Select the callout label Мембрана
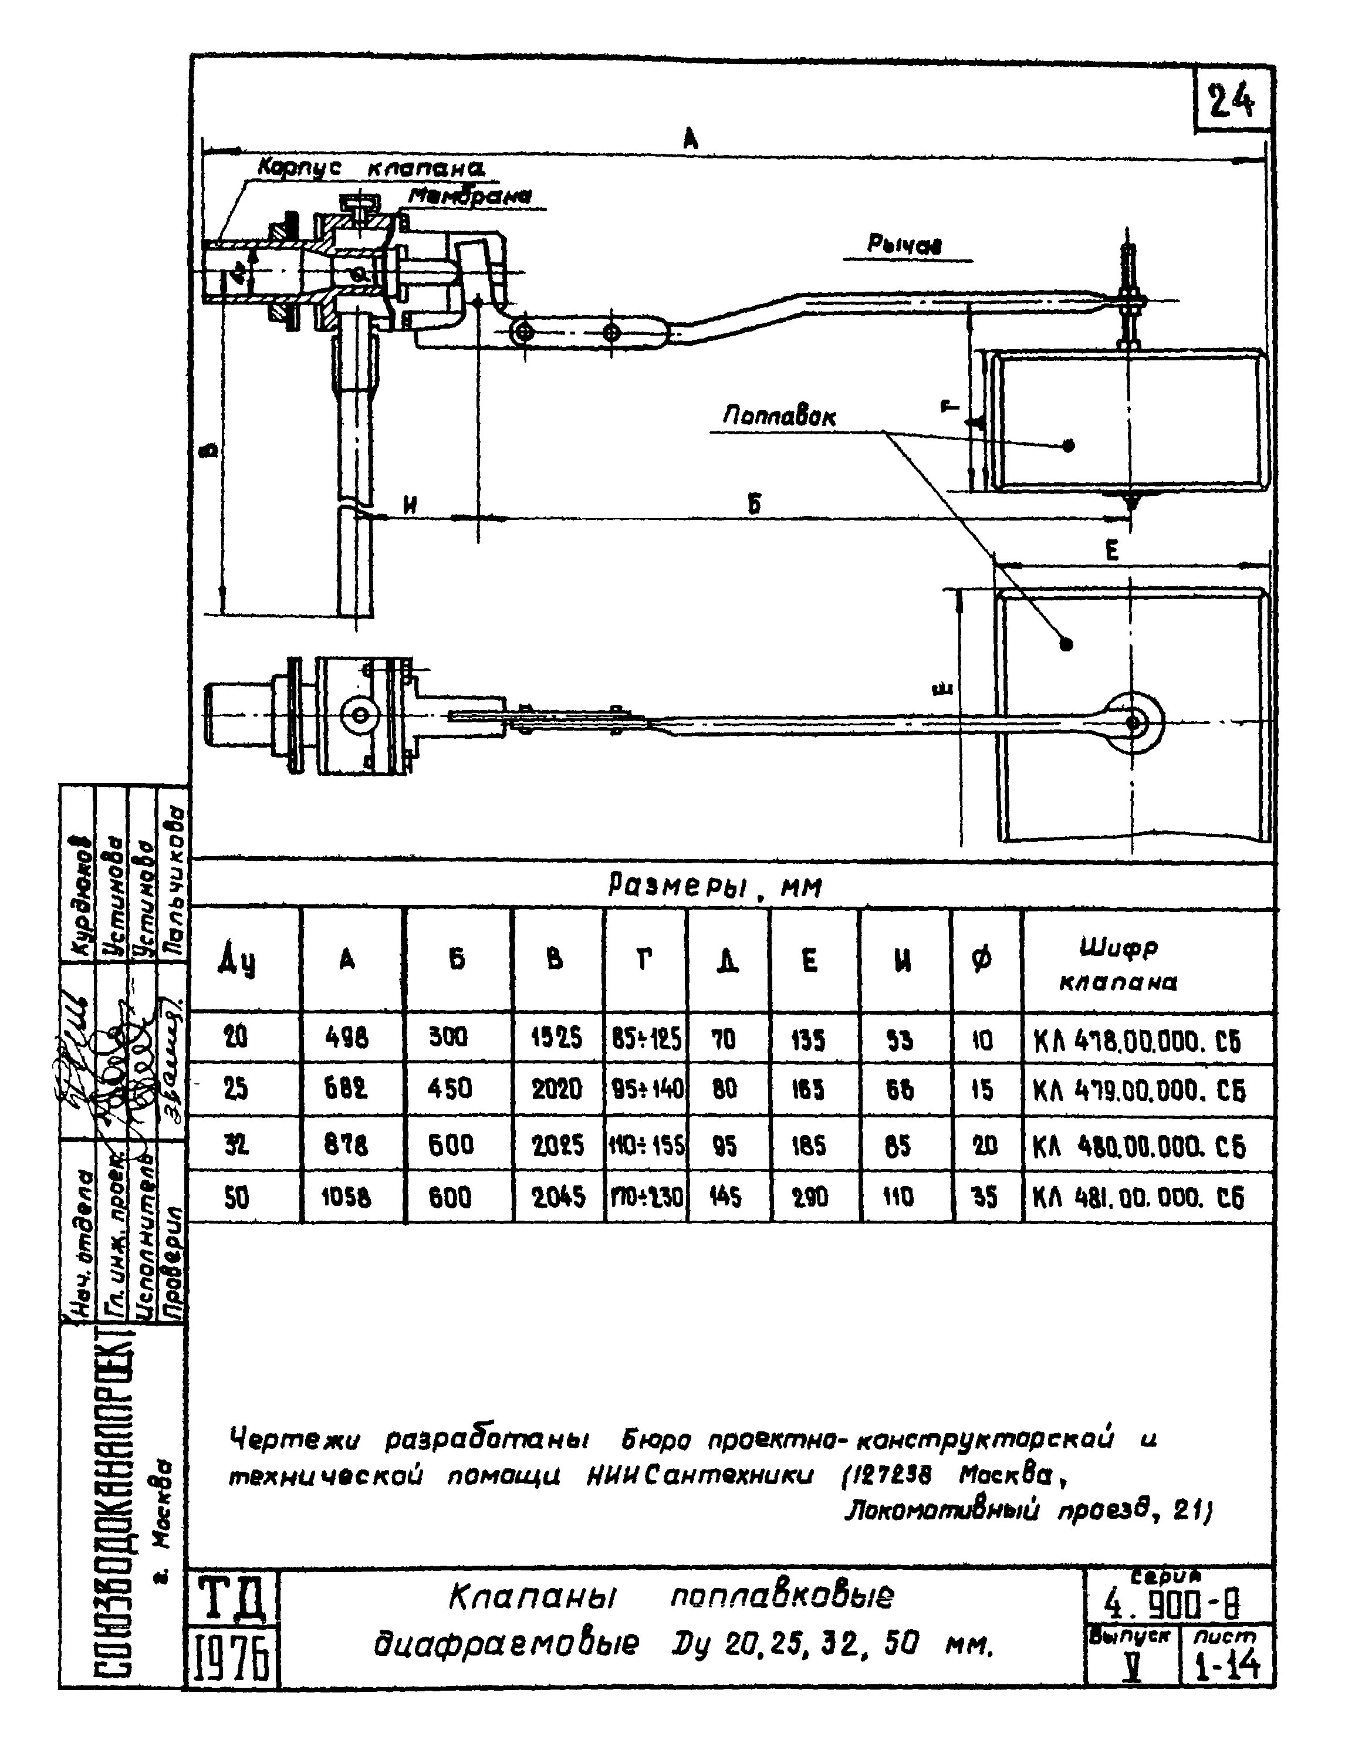click(x=470, y=196)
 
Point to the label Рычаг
click(x=904, y=246)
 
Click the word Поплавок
click(x=779, y=416)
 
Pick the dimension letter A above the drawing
click(x=690, y=140)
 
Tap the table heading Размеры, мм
click(x=715, y=886)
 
